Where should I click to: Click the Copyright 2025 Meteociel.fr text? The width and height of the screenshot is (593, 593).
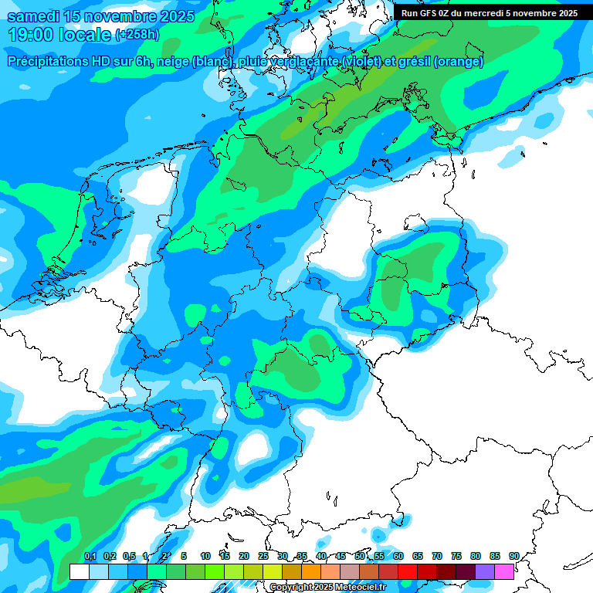[328, 587]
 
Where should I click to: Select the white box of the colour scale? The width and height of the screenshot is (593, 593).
[79, 571]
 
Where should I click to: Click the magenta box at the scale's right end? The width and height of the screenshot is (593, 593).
[504, 571]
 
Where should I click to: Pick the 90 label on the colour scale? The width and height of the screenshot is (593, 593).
[514, 556]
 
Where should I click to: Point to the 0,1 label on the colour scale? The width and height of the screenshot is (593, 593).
[90, 556]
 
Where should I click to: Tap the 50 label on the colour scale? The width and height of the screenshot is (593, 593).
[360, 556]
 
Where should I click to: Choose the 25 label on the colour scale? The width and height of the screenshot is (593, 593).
[263, 556]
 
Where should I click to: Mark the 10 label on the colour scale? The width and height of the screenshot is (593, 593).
[205, 556]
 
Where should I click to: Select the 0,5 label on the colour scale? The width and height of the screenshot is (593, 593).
[128, 556]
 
